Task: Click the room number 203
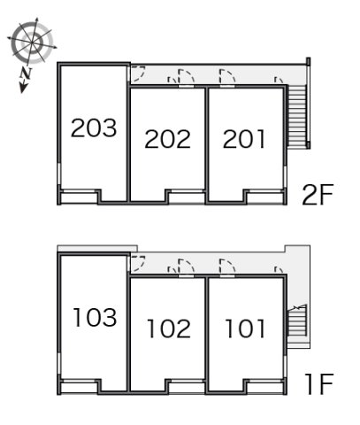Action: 94,127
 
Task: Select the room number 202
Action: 167,139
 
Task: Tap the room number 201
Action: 244,139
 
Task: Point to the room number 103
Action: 95,317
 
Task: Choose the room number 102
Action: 169,328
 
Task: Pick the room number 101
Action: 245,328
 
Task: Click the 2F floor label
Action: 318,195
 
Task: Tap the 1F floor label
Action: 319,383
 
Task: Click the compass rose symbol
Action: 32,42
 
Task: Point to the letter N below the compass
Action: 27,73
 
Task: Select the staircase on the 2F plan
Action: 297,115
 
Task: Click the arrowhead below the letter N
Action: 23,88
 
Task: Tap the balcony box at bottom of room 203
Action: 79,198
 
